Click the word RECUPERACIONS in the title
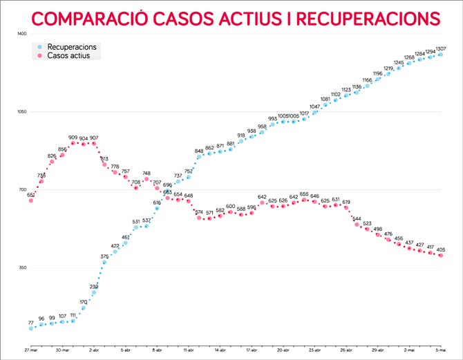pos(362,18)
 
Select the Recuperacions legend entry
pos(76,46)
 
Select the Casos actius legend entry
pos(73,55)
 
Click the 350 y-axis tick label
pos(21,267)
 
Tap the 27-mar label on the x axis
pos(30,352)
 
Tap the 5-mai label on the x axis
pos(440,352)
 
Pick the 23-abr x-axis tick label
pos(314,352)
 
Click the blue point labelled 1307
pos(440,54)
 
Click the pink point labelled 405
pos(440,256)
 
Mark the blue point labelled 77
pos(31,328)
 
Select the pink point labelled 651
pos(31,200)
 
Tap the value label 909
pos(73,137)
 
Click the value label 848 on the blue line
pos(199,150)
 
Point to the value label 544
pos(357,218)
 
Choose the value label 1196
pos(377,73)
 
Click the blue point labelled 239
pos(94,292)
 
